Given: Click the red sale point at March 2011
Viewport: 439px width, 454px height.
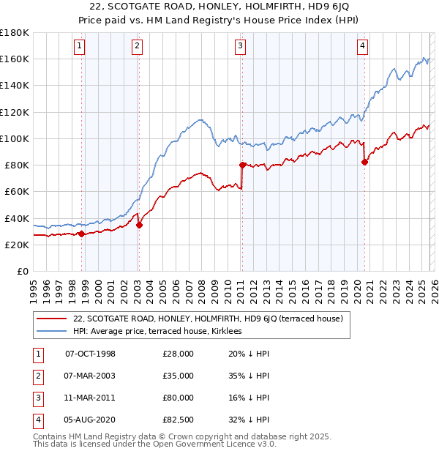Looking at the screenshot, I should pyautogui.click(x=241, y=165).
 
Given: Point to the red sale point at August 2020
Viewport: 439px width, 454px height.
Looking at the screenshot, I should pyautogui.click(x=364, y=162).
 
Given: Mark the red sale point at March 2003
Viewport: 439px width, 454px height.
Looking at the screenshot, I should pyautogui.click(x=139, y=225).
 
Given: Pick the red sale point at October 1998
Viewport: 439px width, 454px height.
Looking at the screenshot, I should pyautogui.click(x=82, y=234).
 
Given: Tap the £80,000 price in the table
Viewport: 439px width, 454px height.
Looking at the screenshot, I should pyautogui.click(x=179, y=398).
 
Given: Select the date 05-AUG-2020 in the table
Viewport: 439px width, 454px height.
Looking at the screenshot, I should pyautogui.click(x=90, y=420).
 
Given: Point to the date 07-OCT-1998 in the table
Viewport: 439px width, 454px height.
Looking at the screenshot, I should pyautogui.click(x=90, y=354).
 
